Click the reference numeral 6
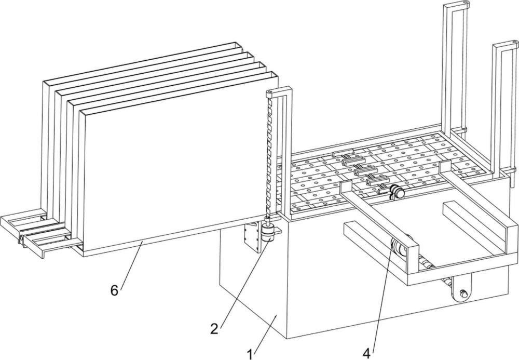[x=114, y=290]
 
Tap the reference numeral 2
[x=214, y=329]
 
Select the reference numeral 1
[x=250, y=354]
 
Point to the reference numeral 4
[x=366, y=353]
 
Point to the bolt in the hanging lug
[x=463, y=293]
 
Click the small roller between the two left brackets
[x=21, y=239]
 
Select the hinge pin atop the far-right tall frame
[x=514, y=43]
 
